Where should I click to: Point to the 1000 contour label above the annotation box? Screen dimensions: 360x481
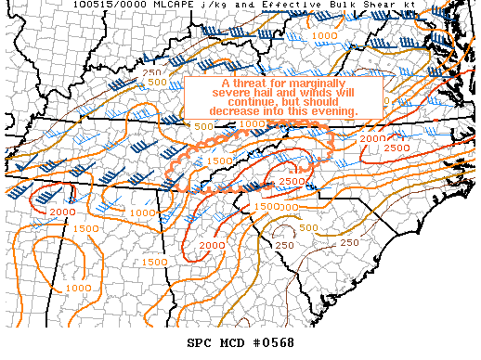(324, 35)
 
